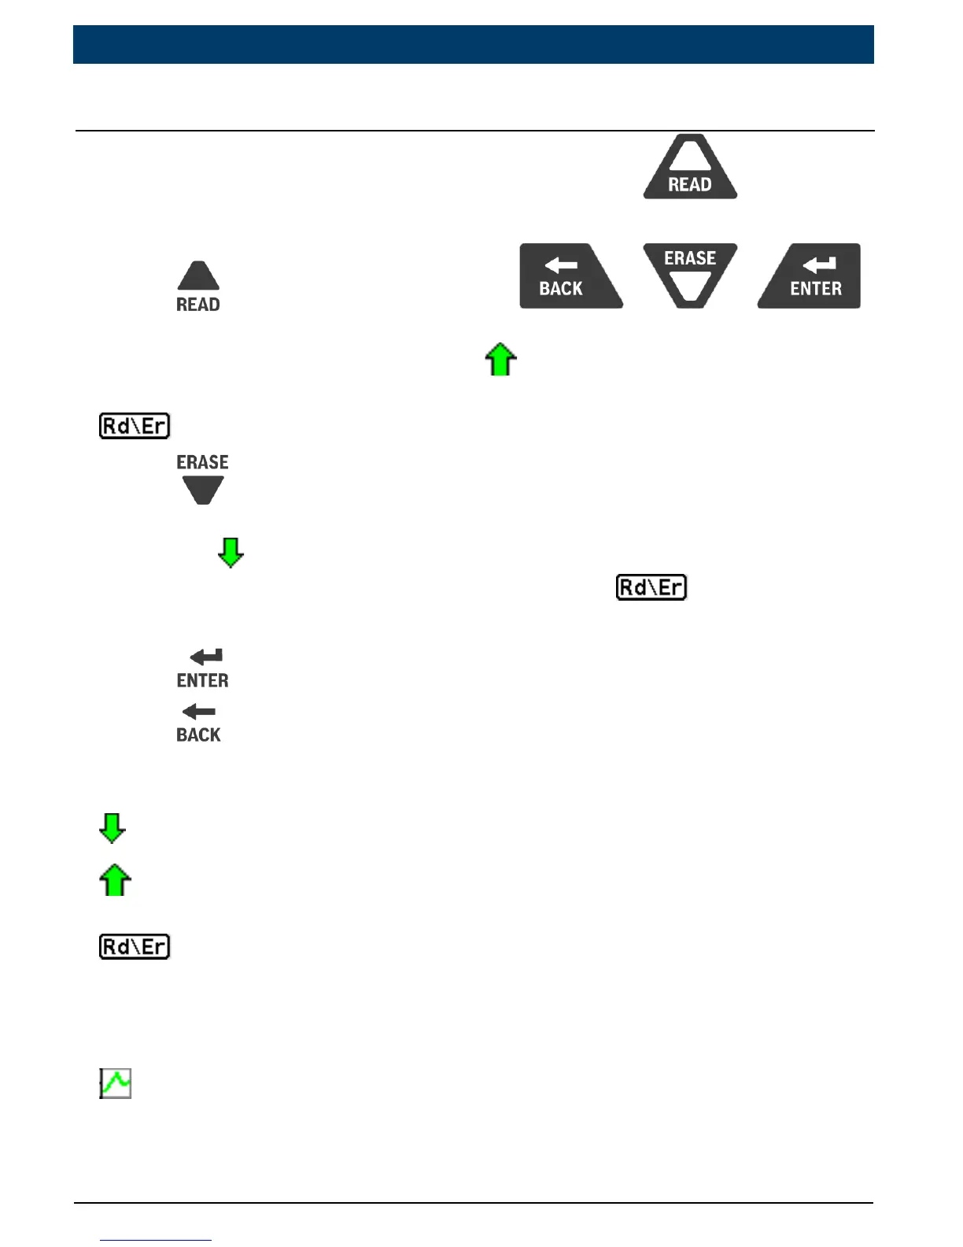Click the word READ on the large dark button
[x=690, y=184]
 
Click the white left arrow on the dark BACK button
[x=561, y=265]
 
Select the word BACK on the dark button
[x=561, y=288]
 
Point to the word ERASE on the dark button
[x=690, y=258]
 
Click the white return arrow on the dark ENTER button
[x=818, y=265]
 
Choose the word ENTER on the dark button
[x=816, y=288]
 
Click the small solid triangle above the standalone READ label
[x=198, y=276]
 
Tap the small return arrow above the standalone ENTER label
[x=206, y=657]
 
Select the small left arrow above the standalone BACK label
[x=198, y=712]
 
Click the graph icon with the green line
[x=116, y=1083]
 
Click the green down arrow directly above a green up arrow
[x=113, y=828]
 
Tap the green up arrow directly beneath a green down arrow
[x=115, y=880]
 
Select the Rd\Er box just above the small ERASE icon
[x=135, y=426]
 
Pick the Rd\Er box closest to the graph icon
[x=135, y=946]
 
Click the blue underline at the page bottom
[x=156, y=1240]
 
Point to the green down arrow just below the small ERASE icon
[x=231, y=553]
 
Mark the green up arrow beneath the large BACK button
[x=500, y=361]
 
